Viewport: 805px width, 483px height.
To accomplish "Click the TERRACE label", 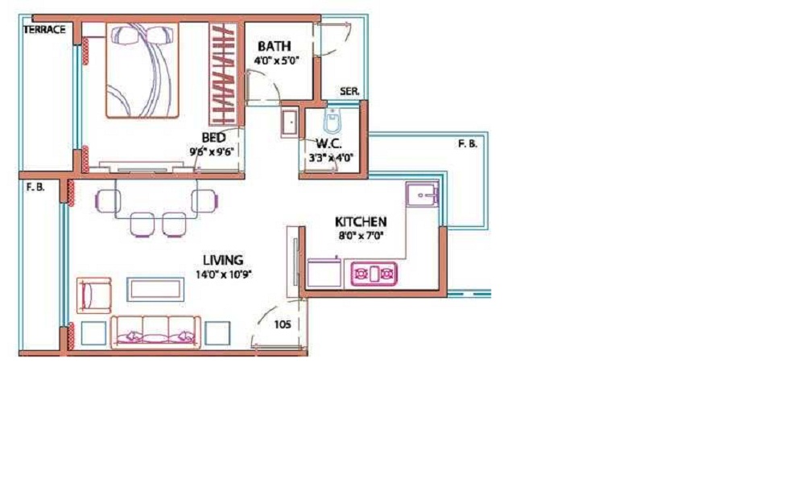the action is coord(44,30).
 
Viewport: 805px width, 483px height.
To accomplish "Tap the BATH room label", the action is coord(275,46).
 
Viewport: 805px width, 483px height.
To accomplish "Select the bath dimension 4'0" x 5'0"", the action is coord(276,60).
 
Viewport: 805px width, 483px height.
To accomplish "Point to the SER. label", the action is coord(349,91).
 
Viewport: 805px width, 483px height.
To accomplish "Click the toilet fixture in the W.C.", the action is coord(332,121).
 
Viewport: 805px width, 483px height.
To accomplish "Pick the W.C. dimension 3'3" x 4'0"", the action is coord(331,158).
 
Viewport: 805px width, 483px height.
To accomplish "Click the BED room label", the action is coord(213,138).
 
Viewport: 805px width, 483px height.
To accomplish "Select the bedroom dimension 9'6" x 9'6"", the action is coord(212,151).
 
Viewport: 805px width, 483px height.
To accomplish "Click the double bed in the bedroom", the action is coord(142,70).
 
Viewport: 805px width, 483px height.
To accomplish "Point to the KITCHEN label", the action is coord(361,221).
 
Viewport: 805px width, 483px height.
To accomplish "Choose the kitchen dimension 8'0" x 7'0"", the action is coord(361,236).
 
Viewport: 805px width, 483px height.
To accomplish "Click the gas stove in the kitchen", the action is coord(374,274).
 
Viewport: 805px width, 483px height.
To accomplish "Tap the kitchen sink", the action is coord(422,194).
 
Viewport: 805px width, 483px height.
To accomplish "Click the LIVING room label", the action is coord(223,260).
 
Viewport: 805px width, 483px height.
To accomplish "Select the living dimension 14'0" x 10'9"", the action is coord(223,274).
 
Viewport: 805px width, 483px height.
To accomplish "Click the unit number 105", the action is coord(283,324).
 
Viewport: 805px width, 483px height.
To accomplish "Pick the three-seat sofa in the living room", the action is coord(156,332).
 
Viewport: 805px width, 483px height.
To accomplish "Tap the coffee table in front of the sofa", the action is coord(155,290).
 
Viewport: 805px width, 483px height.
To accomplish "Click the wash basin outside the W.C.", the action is coord(291,123).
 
